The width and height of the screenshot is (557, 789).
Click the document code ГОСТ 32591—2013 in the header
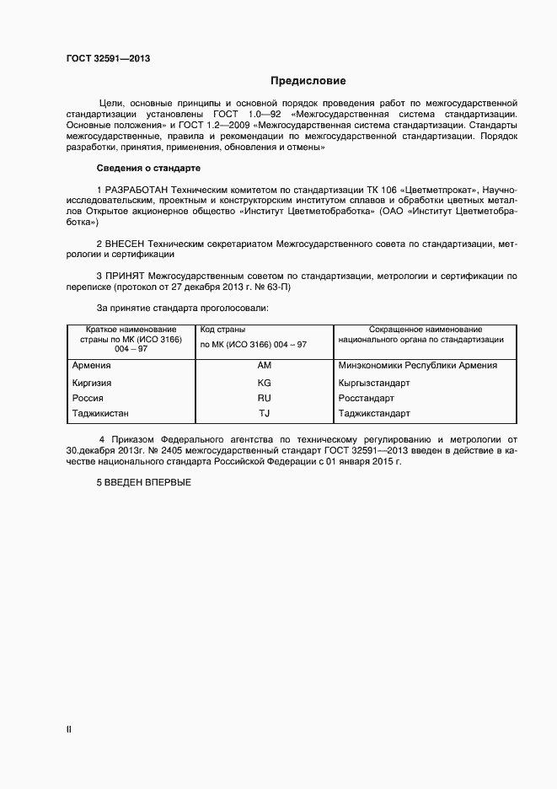pyautogui.click(x=109, y=58)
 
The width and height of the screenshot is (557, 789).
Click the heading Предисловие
pyautogui.click(x=308, y=81)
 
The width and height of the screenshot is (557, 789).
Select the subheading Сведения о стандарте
pyautogui.click(x=147, y=168)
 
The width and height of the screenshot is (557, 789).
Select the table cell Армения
pyautogui.click(x=92, y=366)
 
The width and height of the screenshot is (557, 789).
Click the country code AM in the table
pyautogui.click(x=264, y=366)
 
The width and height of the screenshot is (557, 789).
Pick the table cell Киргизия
pyautogui.click(x=93, y=382)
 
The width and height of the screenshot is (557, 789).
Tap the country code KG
pyautogui.click(x=264, y=382)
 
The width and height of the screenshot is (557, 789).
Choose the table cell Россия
pyautogui.click(x=88, y=398)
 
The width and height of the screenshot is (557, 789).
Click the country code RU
pyautogui.click(x=264, y=398)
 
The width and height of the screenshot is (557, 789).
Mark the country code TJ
pyautogui.click(x=264, y=414)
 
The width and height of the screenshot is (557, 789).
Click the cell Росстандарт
pyautogui.click(x=366, y=398)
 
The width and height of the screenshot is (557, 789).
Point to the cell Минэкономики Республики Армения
pyautogui.click(x=417, y=366)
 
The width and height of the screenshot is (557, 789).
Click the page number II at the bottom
pyautogui.click(x=69, y=730)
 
